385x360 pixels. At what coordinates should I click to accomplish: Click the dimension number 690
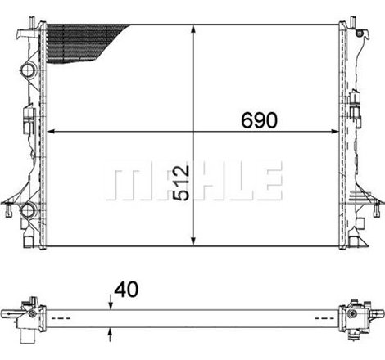259,119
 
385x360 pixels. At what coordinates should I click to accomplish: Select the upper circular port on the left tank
29,71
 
